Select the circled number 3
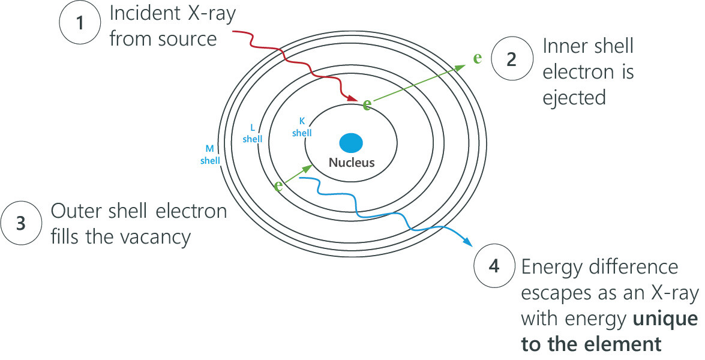click(x=21, y=223)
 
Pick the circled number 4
click(x=494, y=266)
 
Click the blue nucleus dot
click(x=351, y=143)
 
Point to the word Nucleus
click(x=351, y=163)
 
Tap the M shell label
click(x=210, y=154)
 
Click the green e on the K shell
click(x=367, y=104)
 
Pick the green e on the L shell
click(x=278, y=186)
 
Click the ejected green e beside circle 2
click(x=478, y=58)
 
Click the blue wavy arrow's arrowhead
click(x=468, y=244)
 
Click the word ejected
click(x=574, y=97)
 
